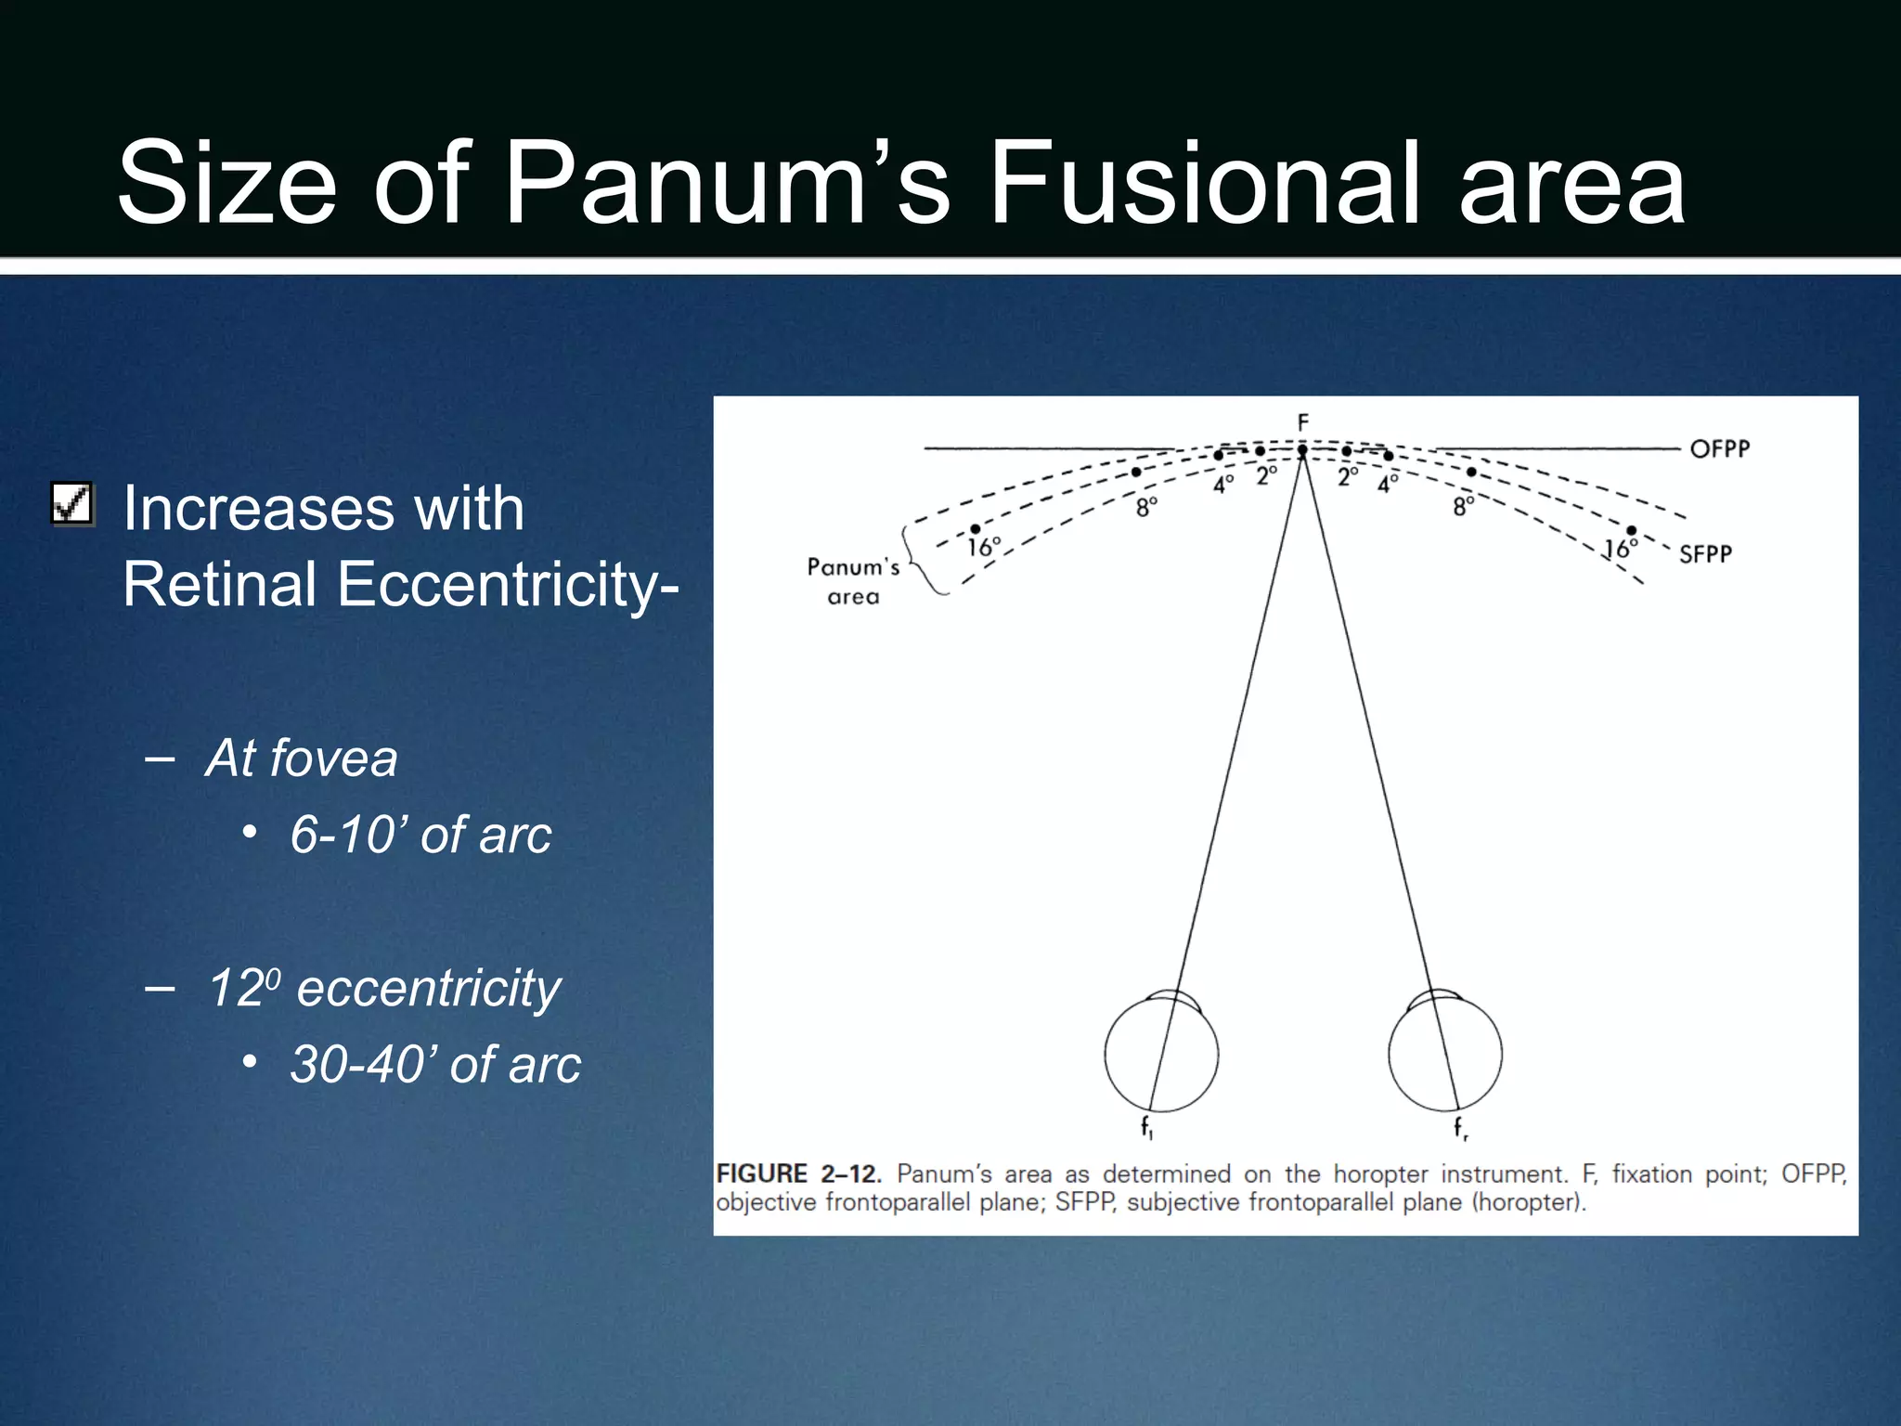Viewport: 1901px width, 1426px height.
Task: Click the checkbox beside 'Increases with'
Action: pos(72,504)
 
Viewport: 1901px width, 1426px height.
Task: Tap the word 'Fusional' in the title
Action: pos(1206,182)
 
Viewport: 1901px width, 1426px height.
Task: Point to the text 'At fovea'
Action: pos(302,758)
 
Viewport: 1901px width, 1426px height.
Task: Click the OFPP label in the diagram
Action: pos(1719,449)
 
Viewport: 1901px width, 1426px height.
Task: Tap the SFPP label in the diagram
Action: pos(1705,554)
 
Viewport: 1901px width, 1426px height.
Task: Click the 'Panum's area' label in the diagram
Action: pos(853,581)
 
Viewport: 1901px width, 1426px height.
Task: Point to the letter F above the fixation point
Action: pos(1303,422)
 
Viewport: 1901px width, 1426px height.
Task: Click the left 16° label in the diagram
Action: pos(984,547)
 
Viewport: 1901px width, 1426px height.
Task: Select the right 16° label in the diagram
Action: pos(1620,549)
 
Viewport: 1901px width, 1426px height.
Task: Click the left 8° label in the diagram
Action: pos(1147,507)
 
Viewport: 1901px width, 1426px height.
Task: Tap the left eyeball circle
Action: pos(1161,1054)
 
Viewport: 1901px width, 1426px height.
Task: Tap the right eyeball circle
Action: pos(1445,1054)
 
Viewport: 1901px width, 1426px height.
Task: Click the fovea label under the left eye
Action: pos(1147,1127)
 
